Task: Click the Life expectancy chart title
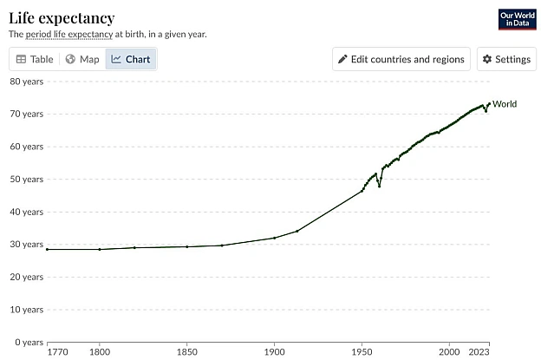(62, 18)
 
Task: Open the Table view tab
(35, 59)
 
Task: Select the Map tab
(82, 59)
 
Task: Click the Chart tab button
(131, 59)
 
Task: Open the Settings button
(506, 59)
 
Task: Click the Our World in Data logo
(518, 19)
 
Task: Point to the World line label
(505, 104)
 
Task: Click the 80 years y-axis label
(27, 82)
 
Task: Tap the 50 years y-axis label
(27, 180)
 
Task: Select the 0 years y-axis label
(29, 343)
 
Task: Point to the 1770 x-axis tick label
(57, 352)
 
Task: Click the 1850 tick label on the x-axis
(187, 352)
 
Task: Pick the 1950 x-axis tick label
(362, 352)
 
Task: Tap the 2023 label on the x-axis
(479, 352)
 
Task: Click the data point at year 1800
(100, 249)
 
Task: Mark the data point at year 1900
(275, 238)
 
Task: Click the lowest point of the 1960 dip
(379, 187)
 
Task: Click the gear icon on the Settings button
(487, 59)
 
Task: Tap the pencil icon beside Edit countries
(342, 59)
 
